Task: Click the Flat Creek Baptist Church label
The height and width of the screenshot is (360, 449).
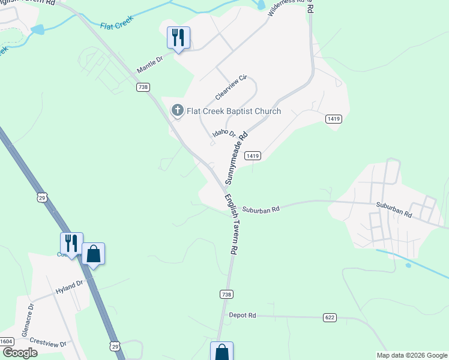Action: click(234, 111)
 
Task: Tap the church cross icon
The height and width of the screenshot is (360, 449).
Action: click(177, 110)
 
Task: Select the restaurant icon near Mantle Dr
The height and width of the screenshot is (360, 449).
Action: click(178, 37)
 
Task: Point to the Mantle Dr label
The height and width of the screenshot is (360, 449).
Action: click(150, 65)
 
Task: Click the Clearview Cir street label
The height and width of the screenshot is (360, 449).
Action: click(231, 88)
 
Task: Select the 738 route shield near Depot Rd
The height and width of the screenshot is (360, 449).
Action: click(226, 294)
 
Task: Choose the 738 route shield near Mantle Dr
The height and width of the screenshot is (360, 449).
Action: click(143, 87)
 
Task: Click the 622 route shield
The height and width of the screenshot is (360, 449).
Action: click(329, 317)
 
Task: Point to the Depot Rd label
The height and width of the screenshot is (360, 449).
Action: click(243, 315)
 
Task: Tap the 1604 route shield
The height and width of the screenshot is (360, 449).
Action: click(7, 341)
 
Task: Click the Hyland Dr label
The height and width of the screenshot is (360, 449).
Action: click(69, 287)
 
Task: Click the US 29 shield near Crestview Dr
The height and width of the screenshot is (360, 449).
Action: click(115, 346)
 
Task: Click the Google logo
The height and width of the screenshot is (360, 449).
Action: click(20, 353)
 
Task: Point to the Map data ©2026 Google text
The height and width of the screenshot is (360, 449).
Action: click(411, 355)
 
